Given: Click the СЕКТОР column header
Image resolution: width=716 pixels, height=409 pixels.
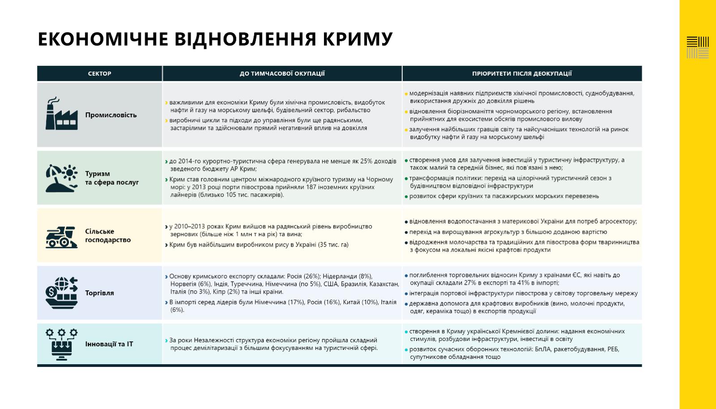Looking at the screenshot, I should (x=99, y=73).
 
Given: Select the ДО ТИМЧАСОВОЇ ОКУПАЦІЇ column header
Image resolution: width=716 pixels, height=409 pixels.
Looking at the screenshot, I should (x=282, y=73).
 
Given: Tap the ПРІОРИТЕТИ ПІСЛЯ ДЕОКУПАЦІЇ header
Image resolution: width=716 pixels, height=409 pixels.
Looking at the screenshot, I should (x=522, y=73).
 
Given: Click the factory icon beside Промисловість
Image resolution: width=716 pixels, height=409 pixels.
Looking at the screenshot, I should (x=61, y=114).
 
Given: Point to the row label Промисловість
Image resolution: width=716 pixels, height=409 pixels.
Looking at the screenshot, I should (x=111, y=115).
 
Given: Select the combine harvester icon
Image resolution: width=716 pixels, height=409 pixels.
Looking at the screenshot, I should (x=61, y=236).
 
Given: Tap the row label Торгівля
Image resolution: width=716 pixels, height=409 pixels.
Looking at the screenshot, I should (x=100, y=293).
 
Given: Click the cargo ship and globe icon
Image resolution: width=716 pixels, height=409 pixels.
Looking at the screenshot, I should (x=61, y=293).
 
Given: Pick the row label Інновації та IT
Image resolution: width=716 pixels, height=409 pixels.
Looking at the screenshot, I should (x=109, y=344).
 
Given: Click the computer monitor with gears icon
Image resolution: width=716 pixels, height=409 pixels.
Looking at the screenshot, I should (x=61, y=344).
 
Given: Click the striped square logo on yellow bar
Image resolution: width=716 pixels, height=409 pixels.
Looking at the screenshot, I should (x=698, y=47).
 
